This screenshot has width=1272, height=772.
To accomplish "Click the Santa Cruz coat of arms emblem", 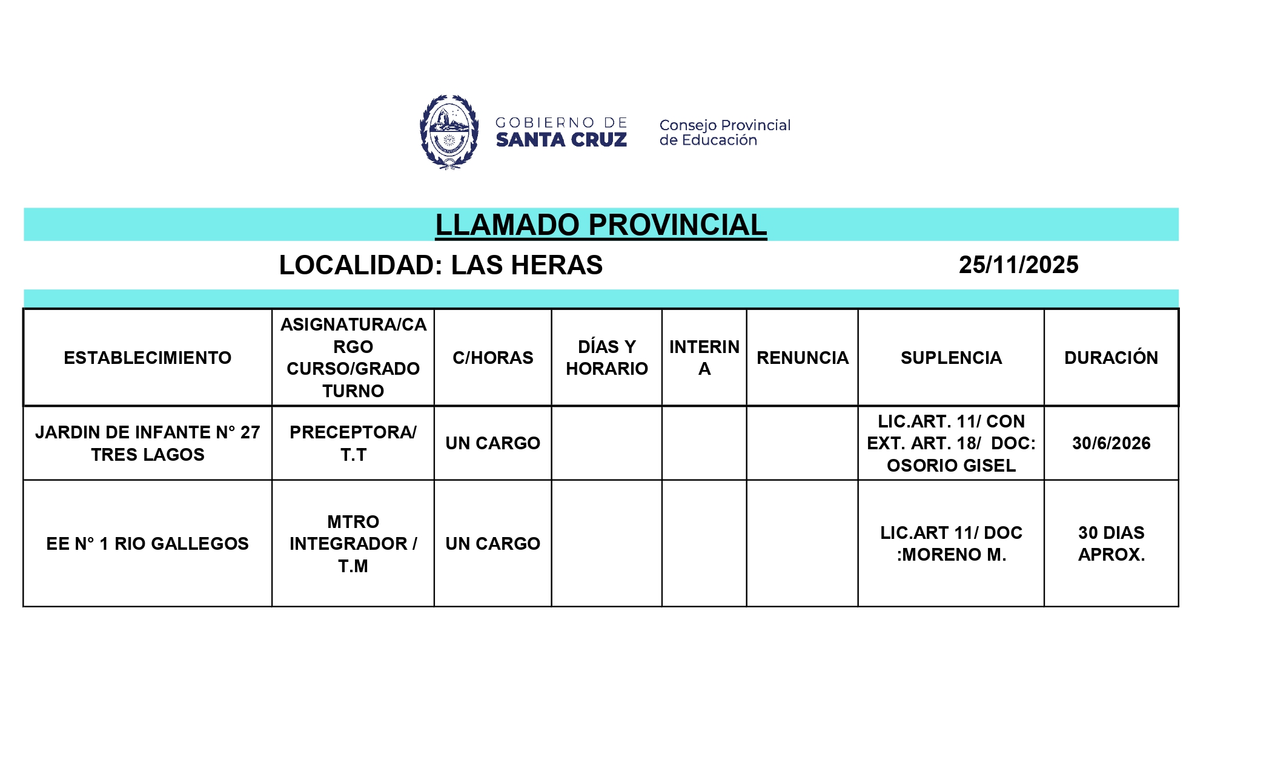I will pyautogui.click(x=449, y=132).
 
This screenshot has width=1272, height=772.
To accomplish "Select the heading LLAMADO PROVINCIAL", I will pyautogui.click(x=601, y=225).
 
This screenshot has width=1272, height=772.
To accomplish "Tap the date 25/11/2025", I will pyautogui.click(x=1018, y=265).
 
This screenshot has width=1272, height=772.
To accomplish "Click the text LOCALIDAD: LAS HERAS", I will pyautogui.click(x=440, y=265).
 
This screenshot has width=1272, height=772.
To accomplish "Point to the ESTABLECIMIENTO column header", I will pyautogui.click(x=147, y=358).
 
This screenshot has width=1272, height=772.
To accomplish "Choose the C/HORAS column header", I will pyautogui.click(x=492, y=358).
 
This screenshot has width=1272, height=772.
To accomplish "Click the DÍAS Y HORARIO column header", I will pyautogui.click(x=606, y=358).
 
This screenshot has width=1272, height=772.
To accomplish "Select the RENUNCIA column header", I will pyautogui.click(x=802, y=358).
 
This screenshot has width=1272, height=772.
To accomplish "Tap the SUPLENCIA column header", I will pyautogui.click(x=951, y=358).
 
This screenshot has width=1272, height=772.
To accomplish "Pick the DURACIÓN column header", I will pyautogui.click(x=1111, y=358).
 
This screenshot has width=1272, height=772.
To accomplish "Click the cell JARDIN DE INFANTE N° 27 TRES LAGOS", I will pyautogui.click(x=147, y=443).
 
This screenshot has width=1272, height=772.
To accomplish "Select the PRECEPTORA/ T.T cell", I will pyautogui.click(x=353, y=443).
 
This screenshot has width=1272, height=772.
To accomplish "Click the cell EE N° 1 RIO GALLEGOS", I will pyautogui.click(x=147, y=544).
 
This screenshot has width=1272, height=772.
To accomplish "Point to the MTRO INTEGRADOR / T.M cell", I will pyautogui.click(x=353, y=544).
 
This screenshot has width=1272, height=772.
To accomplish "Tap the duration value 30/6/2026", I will pyautogui.click(x=1111, y=443).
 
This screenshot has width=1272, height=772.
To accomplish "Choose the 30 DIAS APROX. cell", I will pyautogui.click(x=1111, y=544).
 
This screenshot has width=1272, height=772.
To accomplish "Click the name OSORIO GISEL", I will pyautogui.click(x=951, y=466).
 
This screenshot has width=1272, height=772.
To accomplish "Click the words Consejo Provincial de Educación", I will pyautogui.click(x=724, y=133).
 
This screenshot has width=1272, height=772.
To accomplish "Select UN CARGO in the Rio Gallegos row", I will pyautogui.click(x=492, y=544).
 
